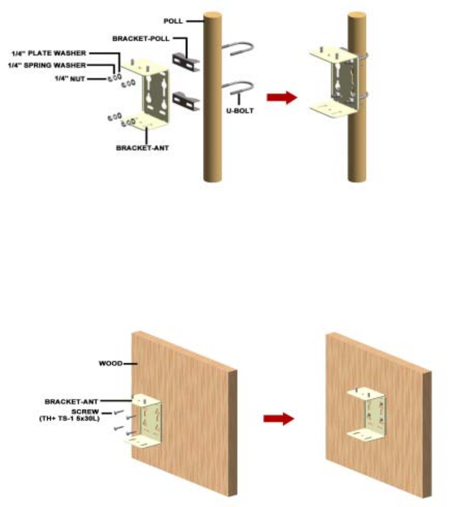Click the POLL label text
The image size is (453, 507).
(x=173, y=21)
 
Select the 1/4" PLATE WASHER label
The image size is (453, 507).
(x=49, y=53)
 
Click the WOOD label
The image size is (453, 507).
(x=110, y=363)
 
